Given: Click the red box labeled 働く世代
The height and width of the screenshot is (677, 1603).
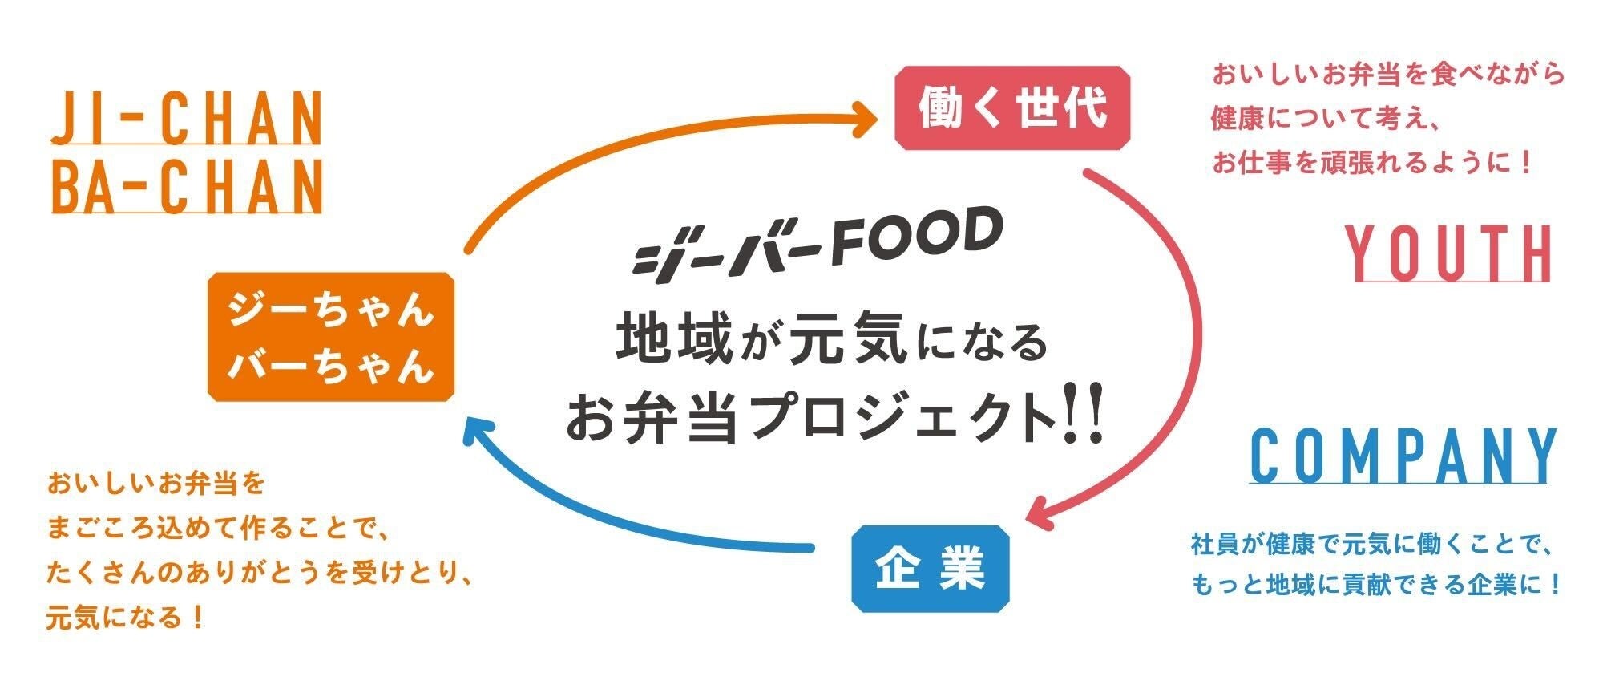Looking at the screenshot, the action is [1011, 107].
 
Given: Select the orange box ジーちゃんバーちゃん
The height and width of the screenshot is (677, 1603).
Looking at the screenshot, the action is [331, 337].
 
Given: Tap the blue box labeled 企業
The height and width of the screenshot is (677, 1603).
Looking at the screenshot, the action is [930, 569].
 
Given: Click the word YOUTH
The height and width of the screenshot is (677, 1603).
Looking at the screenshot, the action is [1448, 253].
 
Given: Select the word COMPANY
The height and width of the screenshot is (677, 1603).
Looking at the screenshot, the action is [1403, 456].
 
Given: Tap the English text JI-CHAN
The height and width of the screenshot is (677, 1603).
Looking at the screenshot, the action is [186, 118].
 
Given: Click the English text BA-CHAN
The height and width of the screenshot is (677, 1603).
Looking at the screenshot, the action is [186, 186].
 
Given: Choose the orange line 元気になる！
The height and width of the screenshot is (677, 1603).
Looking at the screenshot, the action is [127, 618].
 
